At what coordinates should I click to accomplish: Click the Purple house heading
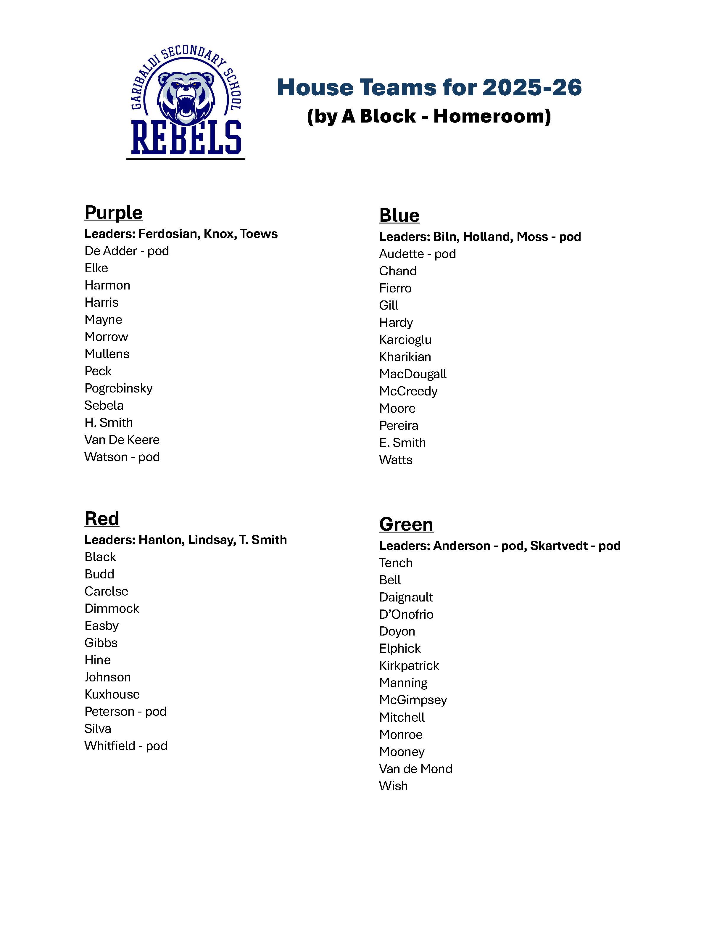113,213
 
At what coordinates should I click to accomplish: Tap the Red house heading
102,518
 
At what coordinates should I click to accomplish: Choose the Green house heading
406,524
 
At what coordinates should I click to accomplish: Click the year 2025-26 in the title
532,88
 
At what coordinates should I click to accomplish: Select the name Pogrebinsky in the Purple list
118,388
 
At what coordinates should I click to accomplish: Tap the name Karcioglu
405,340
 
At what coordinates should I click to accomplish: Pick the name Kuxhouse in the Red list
112,694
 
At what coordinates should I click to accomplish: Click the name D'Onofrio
406,615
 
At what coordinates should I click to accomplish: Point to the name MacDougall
413,374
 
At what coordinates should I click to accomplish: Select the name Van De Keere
122,440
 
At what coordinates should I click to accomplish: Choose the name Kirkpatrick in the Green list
409,666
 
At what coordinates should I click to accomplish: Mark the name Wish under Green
393,786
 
